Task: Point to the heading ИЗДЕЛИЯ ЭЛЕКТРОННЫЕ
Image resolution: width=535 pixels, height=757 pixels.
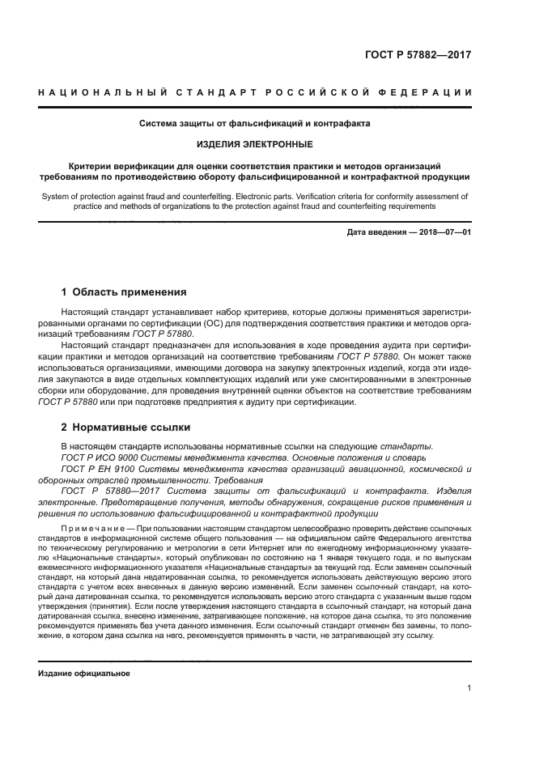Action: (x=255, y=144)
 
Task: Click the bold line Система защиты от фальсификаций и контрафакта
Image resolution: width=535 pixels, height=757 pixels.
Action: (x=255, y=125)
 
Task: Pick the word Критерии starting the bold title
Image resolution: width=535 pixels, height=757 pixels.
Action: (x=91, y=164)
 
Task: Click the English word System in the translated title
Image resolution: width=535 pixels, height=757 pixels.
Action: (x=56, y=195)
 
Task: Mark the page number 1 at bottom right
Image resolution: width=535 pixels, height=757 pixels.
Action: (x=469, y=689)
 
